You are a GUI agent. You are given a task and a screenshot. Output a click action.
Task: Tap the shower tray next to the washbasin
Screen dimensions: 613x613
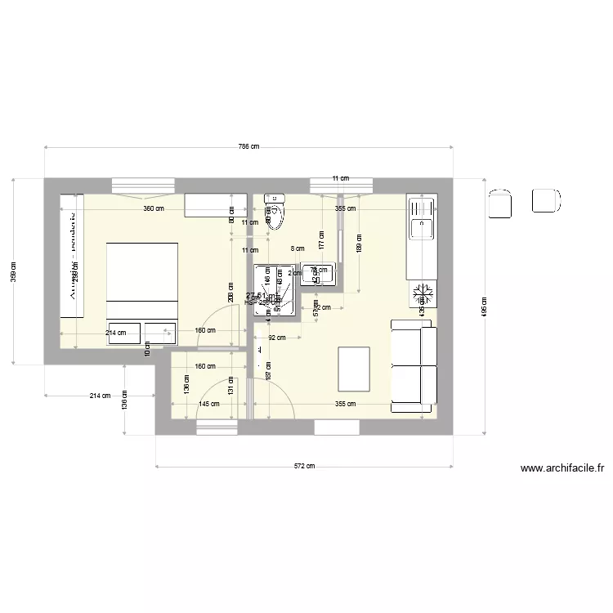[x=274, y=289]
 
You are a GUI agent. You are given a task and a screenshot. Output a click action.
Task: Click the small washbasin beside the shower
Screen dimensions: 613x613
[x=319, y=274]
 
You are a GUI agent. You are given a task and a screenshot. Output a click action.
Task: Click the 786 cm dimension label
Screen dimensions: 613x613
[x=248, y=147]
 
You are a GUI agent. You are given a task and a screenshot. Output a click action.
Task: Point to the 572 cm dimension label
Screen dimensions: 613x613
[x=304, y=467]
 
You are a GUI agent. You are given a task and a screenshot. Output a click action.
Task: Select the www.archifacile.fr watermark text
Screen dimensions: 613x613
[x=562, y=469]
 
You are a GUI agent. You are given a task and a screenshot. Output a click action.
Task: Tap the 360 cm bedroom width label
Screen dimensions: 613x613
[x=154, y=208]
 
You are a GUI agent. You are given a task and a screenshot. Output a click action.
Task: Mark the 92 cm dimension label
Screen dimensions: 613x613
[x=276, y=338]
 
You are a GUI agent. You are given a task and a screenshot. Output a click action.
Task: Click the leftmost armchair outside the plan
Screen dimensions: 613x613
[x=499, y=202]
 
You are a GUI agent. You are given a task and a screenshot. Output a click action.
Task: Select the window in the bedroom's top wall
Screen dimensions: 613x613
[x=142, y=185]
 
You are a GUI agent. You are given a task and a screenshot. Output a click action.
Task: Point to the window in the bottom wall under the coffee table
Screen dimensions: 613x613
[x=337, y=427]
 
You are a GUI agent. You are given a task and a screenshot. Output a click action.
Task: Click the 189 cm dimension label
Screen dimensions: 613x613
[x=360, y=242]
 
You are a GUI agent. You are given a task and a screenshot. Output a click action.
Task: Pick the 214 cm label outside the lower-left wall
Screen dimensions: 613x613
[x=100, y=396]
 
